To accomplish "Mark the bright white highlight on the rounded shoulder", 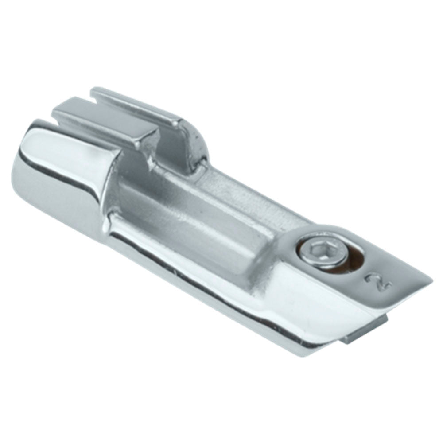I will point(66,146).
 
